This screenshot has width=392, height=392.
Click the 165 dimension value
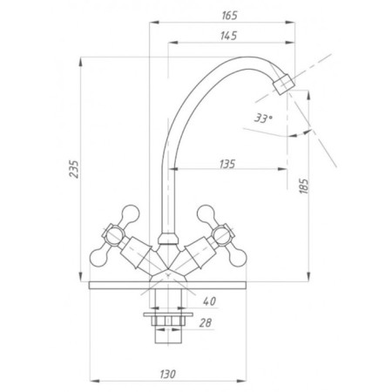(230, 16)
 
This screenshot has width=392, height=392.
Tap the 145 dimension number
(229, 36)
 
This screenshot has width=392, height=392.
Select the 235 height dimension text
(74, 169)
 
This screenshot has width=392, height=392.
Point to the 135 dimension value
(227, 164)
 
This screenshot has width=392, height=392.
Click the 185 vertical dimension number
(304, 186)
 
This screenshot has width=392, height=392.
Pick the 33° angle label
(263, 118)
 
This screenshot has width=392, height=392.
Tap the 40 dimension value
(210, 301)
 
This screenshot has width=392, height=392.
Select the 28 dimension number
(206, 322)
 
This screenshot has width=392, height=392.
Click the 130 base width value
(167, 374)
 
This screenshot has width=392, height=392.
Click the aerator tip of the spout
(284, 84)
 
